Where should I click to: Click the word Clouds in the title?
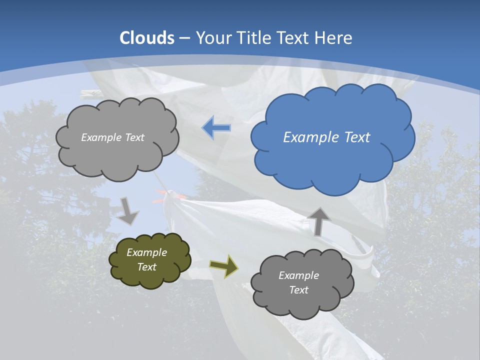click(x=147, y=38)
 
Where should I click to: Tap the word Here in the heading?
click(x=334, y=38)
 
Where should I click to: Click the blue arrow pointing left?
click(x=216, y=128)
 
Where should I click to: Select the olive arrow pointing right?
click(x=224, y=266)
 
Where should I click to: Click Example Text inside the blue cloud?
click(x=326, y=137)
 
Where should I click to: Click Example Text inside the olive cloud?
click(x=146, y=259)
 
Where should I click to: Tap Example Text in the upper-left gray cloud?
click(x=112, y=137)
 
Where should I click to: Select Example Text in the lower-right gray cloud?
click(x=298, y=282)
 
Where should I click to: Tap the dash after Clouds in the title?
click(x=184, y=38)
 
